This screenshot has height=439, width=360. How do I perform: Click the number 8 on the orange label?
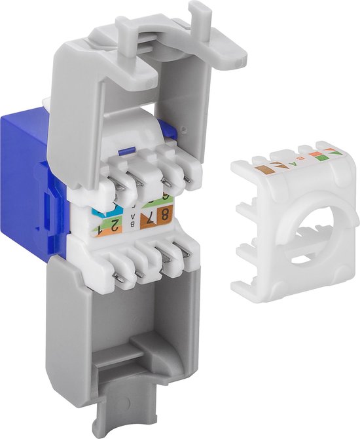coord(165,216)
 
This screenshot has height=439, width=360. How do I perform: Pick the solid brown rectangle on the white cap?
coord(264,169)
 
